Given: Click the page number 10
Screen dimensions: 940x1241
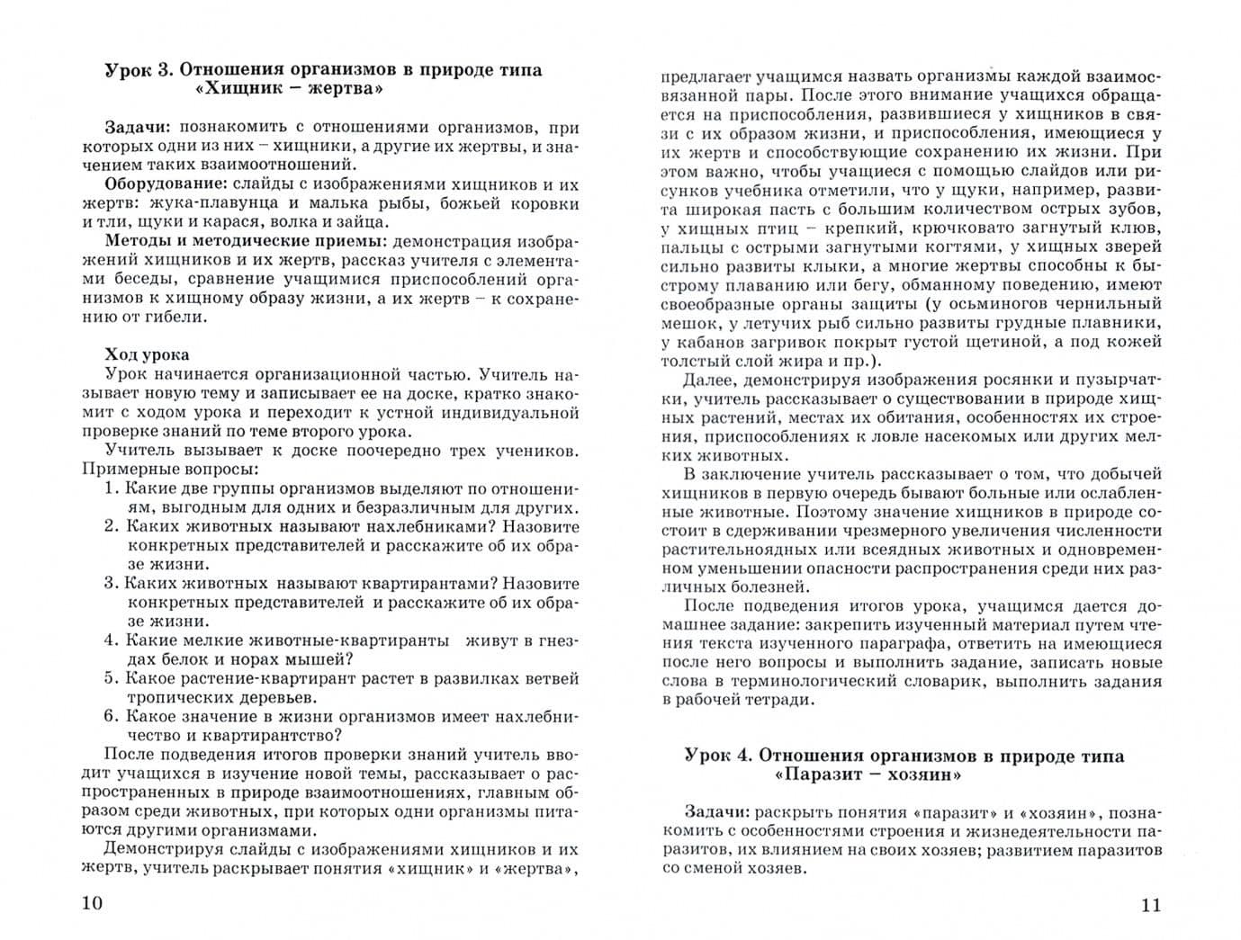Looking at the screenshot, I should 93,903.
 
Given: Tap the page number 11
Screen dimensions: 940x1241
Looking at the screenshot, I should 1151,905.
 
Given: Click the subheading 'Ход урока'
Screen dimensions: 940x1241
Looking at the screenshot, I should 147,354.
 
